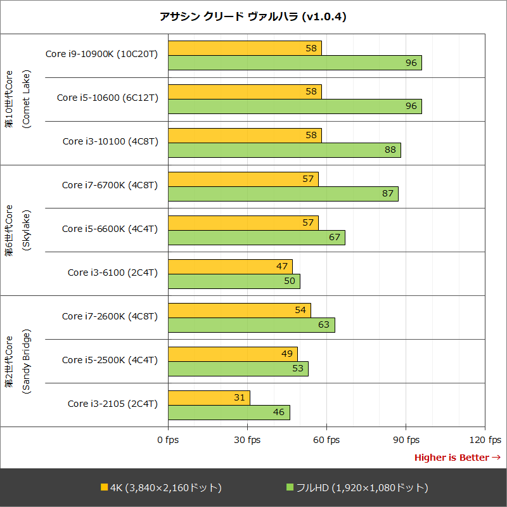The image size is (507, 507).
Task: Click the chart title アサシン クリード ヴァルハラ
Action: tap(253, 17)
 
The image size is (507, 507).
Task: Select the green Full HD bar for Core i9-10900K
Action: tap(295, 63)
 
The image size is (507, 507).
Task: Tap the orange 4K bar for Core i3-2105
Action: tap(209, 397)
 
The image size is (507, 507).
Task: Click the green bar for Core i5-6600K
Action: tap(256, 238)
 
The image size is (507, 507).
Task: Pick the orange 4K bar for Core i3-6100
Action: tap(230, 266)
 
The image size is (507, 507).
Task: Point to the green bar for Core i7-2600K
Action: tap(251, 325)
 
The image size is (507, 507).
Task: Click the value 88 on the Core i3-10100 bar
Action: tap(390, 150)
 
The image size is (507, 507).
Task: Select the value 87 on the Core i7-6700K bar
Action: tap(388, 193)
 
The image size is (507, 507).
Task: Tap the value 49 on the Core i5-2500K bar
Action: tap(286, 354)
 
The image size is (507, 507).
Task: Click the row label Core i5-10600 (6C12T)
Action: tap(107, 98)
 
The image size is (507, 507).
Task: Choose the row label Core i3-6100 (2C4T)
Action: tap(113, 273)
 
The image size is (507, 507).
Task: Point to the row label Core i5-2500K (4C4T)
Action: tap(110, 360)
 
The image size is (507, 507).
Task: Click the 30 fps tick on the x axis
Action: tap(247, 440)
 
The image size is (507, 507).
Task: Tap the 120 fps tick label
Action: tap(485, 440)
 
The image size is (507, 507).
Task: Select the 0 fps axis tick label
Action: tap(168, 440)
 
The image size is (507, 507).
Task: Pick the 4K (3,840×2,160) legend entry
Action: tap(161, 487)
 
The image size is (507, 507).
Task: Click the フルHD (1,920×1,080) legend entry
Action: tap(357, 487)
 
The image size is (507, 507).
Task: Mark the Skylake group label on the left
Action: tap(17, 230)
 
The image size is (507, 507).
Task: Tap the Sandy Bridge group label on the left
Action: tap(17, 361)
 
